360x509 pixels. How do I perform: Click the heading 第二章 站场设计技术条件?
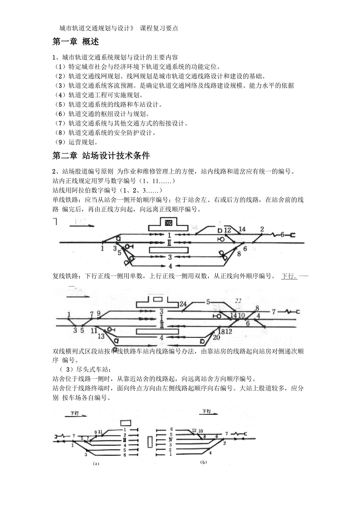[101, 156]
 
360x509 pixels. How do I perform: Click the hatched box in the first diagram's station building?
[169, 223]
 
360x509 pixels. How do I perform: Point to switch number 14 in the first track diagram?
[242, 229]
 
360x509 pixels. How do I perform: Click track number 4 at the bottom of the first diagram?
[170, 266]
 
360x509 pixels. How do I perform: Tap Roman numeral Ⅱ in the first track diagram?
[169, 243]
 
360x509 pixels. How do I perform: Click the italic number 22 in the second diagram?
[238, 301]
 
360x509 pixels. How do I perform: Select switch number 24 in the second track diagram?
[183, 305]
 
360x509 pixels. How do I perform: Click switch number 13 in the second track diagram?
[101, 336]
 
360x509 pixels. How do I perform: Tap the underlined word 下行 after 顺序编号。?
[289, 276]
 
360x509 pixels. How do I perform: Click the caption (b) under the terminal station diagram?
[203, 462]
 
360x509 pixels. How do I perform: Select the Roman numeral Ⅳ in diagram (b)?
[171, 440]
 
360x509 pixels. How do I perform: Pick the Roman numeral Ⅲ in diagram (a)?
[124, 440]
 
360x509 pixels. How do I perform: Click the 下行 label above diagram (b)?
[206, 411]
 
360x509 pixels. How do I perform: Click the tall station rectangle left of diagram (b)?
[151, 442]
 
